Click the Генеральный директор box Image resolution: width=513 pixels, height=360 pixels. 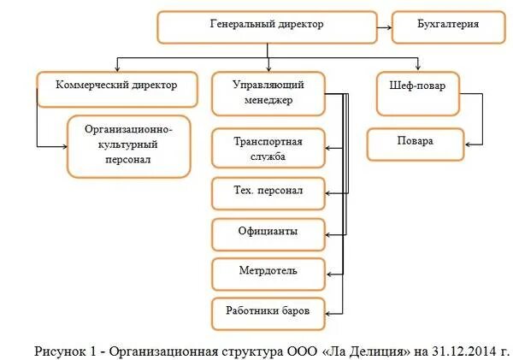[267, 26]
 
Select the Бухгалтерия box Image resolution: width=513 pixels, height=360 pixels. [447, 26]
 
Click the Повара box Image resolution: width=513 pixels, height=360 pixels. [416, 143]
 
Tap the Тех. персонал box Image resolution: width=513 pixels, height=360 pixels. [268, 191]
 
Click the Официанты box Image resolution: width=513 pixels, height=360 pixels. [268, 232]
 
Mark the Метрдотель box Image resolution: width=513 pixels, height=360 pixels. [268, 272]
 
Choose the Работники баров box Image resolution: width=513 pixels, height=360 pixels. [268, 312]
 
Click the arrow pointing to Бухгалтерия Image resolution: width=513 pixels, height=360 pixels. [385, 27]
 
